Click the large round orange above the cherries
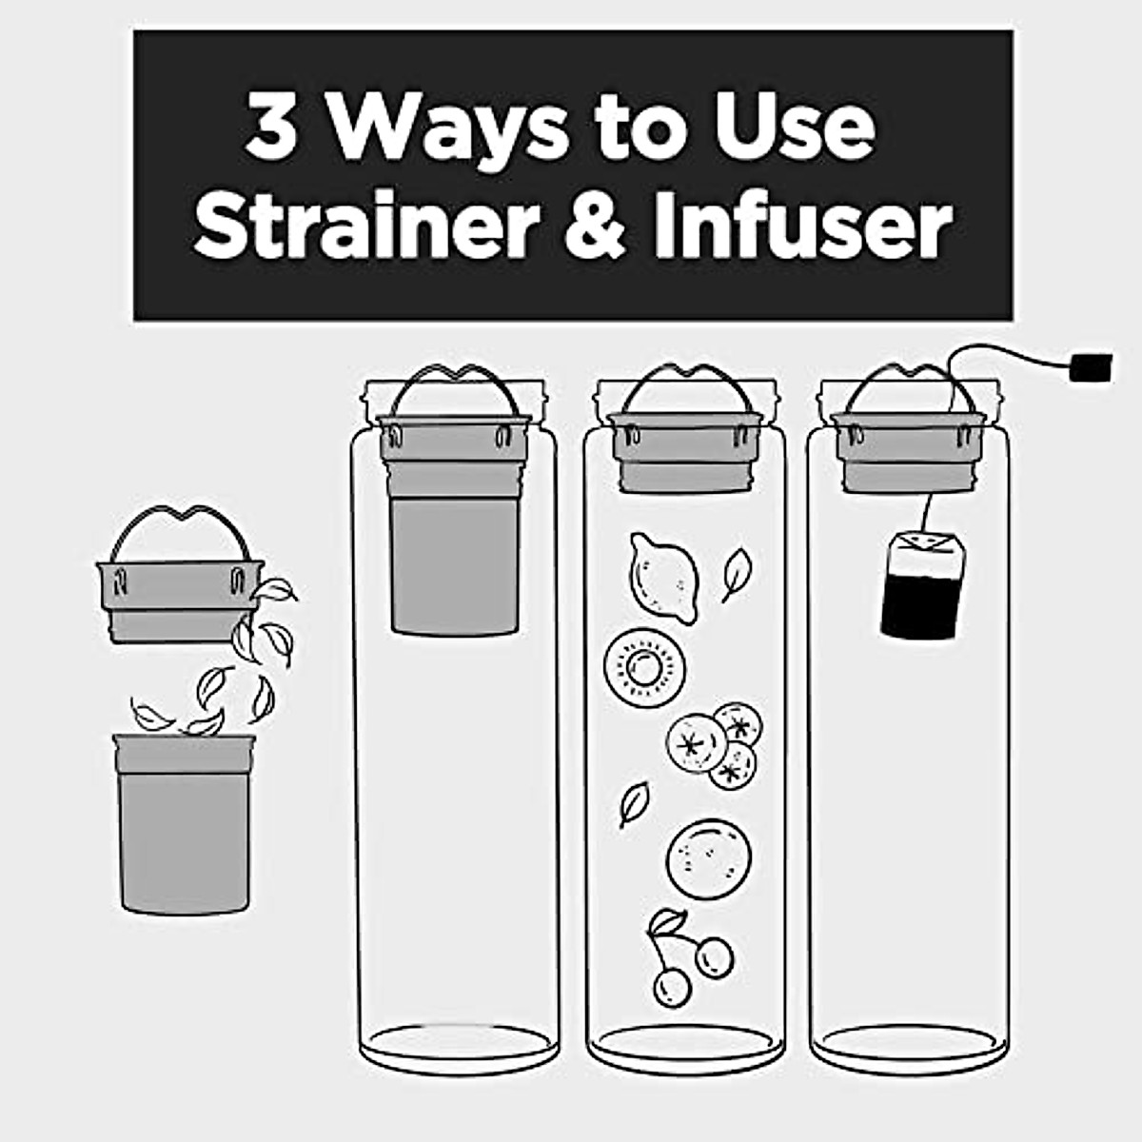[708, 856]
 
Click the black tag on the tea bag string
[1091, 367]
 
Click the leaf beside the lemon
[737, 574]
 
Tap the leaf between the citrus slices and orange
[634, 802]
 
